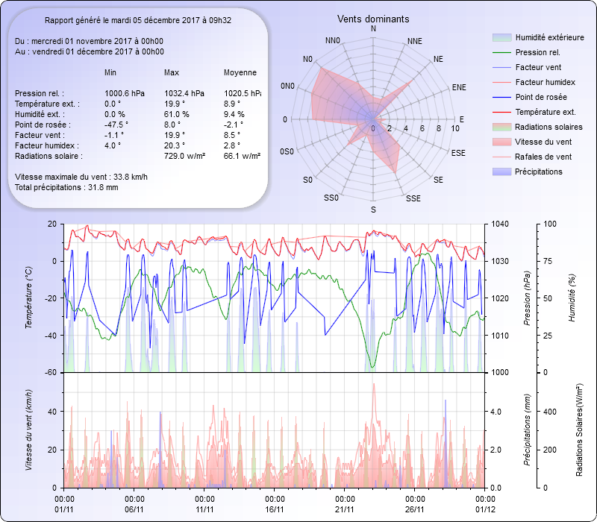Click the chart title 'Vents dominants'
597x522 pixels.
373,19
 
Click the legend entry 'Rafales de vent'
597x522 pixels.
543,157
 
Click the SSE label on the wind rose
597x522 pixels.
413,198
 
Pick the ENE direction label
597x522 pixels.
459,87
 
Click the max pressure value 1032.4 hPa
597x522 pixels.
184,93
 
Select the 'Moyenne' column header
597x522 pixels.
240,72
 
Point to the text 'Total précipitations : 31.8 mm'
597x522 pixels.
66,187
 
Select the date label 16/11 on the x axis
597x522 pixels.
275,509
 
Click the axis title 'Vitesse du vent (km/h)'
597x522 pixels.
29,430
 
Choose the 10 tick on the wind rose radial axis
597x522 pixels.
455,128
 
